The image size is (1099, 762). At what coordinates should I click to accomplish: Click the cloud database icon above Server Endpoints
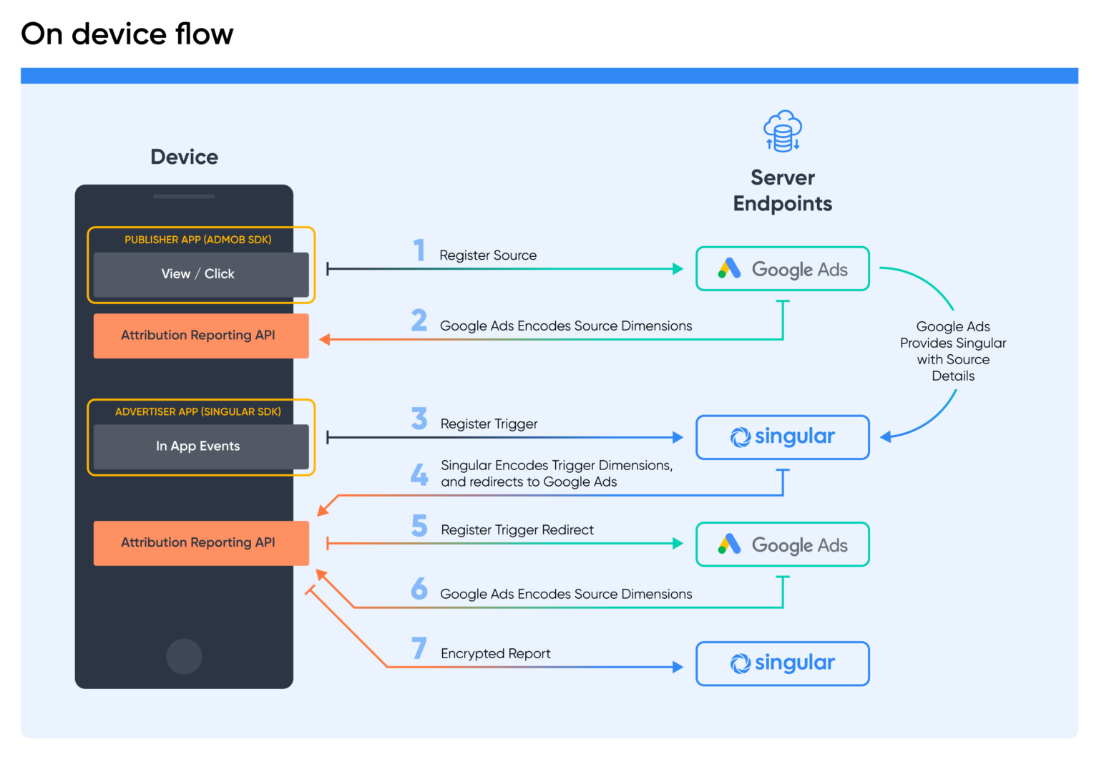tap(782, 132)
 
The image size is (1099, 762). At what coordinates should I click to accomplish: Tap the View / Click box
tap(200, 274)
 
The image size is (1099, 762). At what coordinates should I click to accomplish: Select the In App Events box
tap(200, 446)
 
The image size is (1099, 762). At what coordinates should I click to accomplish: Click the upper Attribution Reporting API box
tap(200, 336)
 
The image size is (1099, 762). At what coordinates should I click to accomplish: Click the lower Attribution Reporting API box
tap(200, 543)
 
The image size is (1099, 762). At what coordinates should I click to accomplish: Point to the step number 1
tap(419, 250)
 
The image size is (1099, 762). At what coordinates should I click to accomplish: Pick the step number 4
tap(419, 474)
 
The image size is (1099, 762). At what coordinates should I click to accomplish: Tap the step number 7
tap(419, 648)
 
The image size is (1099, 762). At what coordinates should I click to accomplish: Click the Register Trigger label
tap(489, 424)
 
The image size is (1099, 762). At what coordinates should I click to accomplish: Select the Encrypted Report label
tap(495, 654)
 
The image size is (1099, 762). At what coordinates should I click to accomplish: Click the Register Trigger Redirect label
tap(517, 530)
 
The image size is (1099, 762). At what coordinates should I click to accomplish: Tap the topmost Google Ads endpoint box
tap(782, 269)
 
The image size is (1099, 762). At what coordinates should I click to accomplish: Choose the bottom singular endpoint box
tap(782, 663)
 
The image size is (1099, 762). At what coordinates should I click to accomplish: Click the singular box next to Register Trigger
tap(782, 437)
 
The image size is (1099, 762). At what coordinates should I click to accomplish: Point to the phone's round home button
tap(184, 656)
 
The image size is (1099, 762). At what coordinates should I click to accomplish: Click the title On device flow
tap(127, 34)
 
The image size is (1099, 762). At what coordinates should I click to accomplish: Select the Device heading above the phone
tap(184, 157)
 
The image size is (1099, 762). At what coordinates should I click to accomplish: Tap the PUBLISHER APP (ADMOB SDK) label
tap(197, 240)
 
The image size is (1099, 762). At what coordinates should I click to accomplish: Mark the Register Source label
tap(487, 255)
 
